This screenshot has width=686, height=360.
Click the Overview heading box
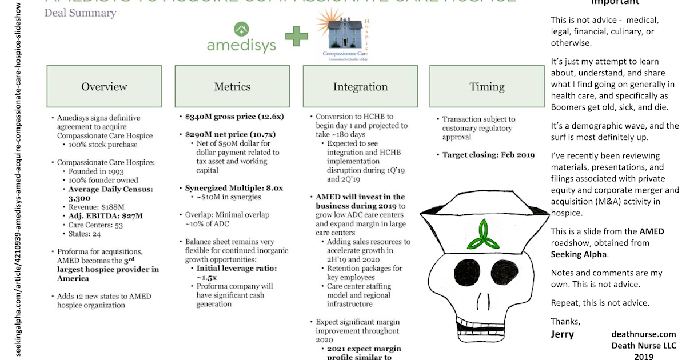(x=104, y=87)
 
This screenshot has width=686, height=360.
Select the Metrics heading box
(x=232, y=87)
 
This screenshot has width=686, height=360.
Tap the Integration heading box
(x=360, y=87)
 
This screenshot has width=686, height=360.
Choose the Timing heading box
(x=487, y=87)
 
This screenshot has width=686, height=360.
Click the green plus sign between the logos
(x=296, y=37)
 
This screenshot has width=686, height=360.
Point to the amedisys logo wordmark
(x=241, y=45)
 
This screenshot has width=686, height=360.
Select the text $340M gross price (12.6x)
(x=234, y=116)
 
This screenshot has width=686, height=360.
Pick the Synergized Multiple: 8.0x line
(x=234, y=188)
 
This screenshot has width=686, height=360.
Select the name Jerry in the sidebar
(x=562, y=334)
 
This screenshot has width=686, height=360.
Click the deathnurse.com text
(x=643, y=334)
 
